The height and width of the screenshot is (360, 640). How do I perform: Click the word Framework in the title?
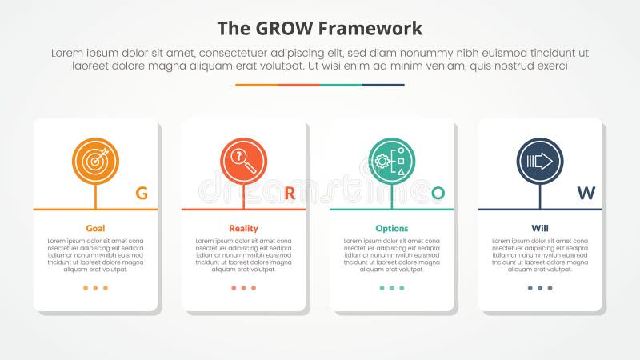coord(370,29)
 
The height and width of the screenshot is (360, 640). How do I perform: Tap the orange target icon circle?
coord(95,161)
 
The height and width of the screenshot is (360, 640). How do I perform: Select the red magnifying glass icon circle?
coord(243,161)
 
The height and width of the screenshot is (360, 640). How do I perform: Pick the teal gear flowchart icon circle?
coord(392,161)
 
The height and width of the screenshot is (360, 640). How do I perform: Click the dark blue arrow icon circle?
coord(540,161)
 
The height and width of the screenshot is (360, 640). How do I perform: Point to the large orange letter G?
coord(142,193)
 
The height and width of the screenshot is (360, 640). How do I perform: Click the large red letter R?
coord(290,193)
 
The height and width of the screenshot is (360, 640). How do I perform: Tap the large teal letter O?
coord(438,193)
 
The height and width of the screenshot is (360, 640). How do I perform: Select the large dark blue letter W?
coord(586,193)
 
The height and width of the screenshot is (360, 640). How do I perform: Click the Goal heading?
coord(95,228)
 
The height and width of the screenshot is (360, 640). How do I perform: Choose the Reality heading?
coord(243,228)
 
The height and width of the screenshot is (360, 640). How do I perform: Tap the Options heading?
coord(392,228)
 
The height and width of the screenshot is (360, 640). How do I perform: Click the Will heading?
coord(540,228)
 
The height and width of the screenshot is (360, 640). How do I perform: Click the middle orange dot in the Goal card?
coord(95,288)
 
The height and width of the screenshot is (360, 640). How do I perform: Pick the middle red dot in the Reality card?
coord(243,288)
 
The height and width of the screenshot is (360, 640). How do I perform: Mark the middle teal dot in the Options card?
coord(392,288)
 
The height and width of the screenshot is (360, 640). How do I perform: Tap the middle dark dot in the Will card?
coord(540,288)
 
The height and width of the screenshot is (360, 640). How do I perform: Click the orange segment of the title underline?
coord(256,85)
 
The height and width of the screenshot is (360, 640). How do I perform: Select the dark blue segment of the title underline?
coord(383,85)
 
